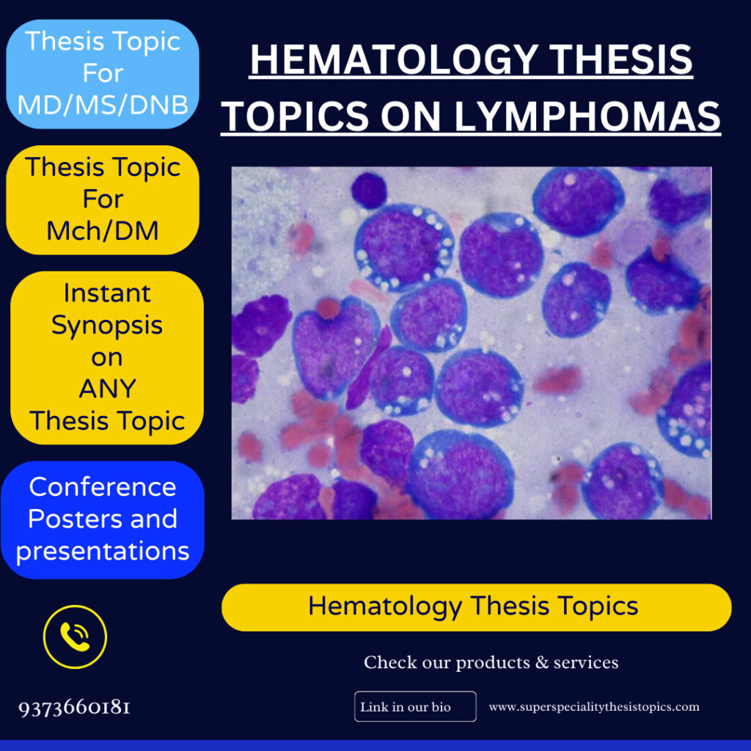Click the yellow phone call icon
(x=75, y=637)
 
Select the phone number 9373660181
(x=75, y=708)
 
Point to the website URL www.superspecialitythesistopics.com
(x=594, y=707)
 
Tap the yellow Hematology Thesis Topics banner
(x=476, y=607)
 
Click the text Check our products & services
(x=491, y=662)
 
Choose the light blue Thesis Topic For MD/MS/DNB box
(x=103, y=73)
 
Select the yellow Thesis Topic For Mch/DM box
(x=103, y=199)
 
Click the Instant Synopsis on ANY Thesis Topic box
(x=107, y=357)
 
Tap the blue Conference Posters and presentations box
(x=103, y=519)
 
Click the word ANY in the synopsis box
(x=107, y=389)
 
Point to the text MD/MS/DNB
(x=103, y=105)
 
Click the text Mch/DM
(x=103, y=231)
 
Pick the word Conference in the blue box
(x=103, y=487)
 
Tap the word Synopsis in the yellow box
(x=107, y=325)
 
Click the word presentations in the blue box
(x=103, y=551)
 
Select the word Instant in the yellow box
(x=107, y=293)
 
